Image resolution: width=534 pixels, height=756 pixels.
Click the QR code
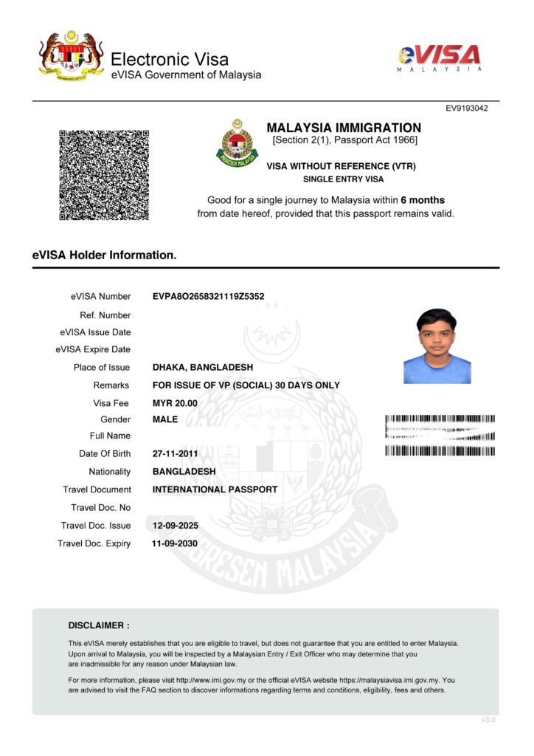104,175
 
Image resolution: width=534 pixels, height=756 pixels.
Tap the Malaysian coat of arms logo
72,55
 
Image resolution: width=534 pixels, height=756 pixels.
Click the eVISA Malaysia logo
440,57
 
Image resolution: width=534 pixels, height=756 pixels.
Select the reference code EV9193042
466,109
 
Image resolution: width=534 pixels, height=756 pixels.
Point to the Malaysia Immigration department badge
237,144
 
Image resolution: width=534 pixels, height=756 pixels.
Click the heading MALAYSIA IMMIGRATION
344,128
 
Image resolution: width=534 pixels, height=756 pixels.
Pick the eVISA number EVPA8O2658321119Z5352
208,297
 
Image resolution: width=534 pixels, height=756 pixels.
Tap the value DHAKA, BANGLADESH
202,368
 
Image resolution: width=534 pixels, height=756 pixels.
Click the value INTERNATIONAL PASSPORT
215,489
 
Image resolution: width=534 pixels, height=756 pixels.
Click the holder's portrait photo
437,346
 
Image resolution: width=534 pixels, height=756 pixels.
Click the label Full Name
110,436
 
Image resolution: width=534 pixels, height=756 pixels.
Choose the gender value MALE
165,419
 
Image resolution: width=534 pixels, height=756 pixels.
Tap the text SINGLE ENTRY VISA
344,179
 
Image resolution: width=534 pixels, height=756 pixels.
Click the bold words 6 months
423,200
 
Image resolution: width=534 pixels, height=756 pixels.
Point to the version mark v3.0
488,720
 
